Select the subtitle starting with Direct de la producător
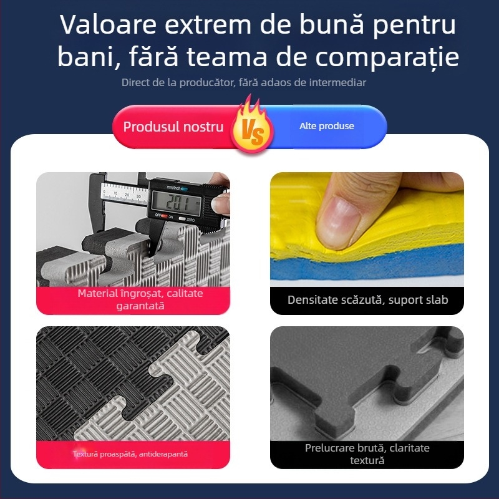(244, 82)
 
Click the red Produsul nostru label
(173, 127)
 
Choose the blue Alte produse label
(326, 126)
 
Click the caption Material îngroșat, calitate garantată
(140, 299)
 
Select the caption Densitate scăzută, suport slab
(367, 300)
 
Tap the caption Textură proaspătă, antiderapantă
(130, 454)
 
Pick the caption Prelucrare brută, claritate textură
(367, 454)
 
